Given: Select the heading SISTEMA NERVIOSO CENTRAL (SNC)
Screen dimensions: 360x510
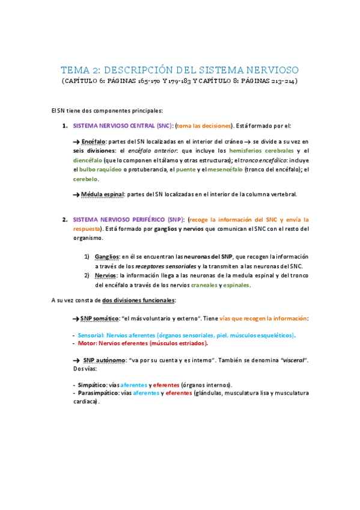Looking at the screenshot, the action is click(122, 126).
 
